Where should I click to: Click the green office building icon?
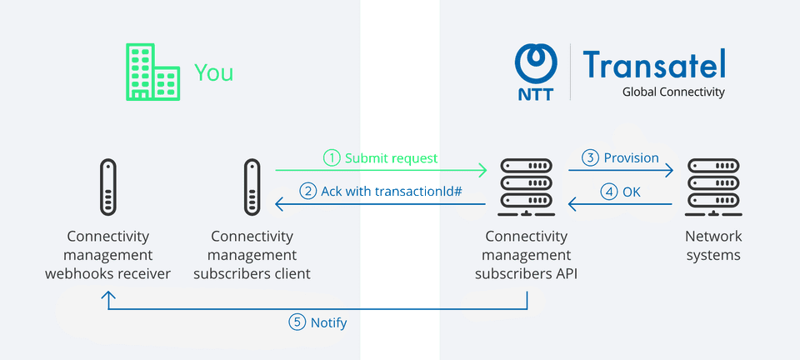coord(152,72)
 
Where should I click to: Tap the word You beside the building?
coord(213,72)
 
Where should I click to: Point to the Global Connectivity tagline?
coord(673,92)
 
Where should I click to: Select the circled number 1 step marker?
coord(332,157)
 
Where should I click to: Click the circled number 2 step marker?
coord(308,192)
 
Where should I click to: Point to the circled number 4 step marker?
coord(610,192)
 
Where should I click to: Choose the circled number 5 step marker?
coord(297,322)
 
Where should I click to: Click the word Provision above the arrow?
coord(631,157)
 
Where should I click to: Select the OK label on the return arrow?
coord(632,192)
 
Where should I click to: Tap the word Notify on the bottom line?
coord(328,322)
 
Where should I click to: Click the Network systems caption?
coord(713,246)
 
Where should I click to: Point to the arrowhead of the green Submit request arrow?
coord(482,171)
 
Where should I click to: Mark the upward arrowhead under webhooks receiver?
coord(107,295)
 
